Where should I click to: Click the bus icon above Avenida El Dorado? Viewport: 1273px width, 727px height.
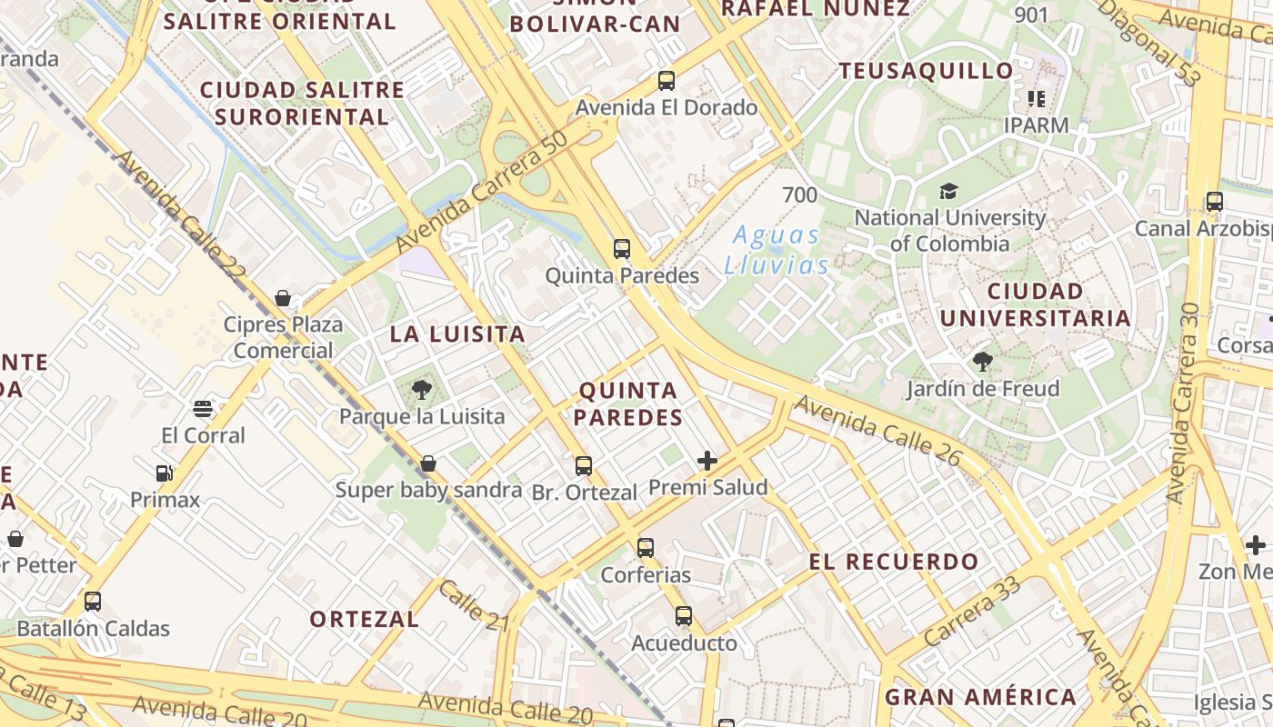(667, 81)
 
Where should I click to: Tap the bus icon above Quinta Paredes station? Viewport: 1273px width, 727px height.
(622, 248)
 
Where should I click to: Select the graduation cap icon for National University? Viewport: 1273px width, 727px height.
(948, 191)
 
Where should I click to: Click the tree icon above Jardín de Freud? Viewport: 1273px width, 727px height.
(982, 362)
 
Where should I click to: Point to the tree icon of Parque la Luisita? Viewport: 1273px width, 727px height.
(421, 390)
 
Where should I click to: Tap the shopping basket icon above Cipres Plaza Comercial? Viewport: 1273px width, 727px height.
(283, 298)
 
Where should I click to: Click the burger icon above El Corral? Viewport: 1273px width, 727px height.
(203, 408)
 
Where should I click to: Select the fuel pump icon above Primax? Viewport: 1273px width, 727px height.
(164, 473)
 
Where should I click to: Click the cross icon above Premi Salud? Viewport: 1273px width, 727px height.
(707, 461)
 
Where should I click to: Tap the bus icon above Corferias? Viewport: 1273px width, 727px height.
(646, 547)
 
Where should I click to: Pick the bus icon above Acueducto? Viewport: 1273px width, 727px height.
(684, 616)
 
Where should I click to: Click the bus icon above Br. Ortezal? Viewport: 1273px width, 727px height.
(584, 466)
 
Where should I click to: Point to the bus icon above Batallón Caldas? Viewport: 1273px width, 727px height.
(93, 601)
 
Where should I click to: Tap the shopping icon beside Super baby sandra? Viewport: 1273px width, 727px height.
(428, 463)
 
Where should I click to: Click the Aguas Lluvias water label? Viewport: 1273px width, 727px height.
(777, 250)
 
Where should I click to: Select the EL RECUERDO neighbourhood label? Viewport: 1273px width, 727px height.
(894, 562)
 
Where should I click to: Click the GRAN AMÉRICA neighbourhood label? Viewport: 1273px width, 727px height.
(981, 697)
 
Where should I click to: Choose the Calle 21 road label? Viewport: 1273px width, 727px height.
(474, 604)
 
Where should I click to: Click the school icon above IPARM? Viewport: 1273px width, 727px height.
(1036, 99)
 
